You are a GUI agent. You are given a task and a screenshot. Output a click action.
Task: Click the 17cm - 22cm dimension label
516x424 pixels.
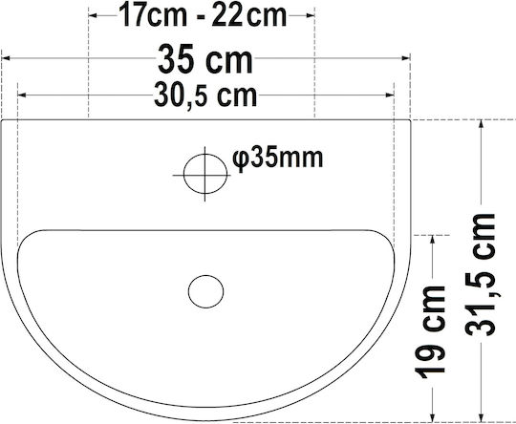click(x=203, y=15)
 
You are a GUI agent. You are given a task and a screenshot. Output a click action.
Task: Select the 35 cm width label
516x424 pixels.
click(x=205, y=59)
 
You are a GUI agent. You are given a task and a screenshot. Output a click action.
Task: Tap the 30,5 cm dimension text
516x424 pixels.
click(x=205, y=95)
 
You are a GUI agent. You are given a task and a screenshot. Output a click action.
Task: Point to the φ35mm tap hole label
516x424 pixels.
click(x=278, y=159)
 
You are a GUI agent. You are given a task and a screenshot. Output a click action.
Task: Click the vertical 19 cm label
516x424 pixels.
click(x=430, y=332)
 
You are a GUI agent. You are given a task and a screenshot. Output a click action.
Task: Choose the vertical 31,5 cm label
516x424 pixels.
click(x=480, y=275)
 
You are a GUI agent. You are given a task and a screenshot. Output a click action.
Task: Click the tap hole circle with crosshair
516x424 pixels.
click(x=205, y=174)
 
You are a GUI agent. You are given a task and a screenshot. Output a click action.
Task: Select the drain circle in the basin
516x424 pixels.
click(x=206, y=292)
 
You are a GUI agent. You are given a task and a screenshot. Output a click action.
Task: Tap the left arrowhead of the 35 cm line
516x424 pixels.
click(x=6, y=58)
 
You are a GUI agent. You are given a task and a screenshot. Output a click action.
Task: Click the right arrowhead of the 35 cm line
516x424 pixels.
click(x=406, y=58)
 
